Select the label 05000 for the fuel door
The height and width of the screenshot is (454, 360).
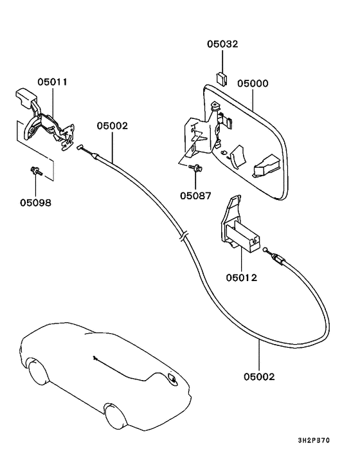[x=253, y=84]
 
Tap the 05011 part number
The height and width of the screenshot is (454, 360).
[x=52, y=82]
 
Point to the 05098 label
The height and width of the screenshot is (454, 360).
[x=35, y=202]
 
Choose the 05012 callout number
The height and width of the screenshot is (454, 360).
[x=241, y=278]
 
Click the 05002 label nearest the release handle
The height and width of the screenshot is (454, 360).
[x=113, y=126]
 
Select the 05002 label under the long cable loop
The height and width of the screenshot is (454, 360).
[x=259, y=376]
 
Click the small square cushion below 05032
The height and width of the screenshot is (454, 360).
[x=222, y=78]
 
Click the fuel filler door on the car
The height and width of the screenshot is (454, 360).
[x=172, y=380]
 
